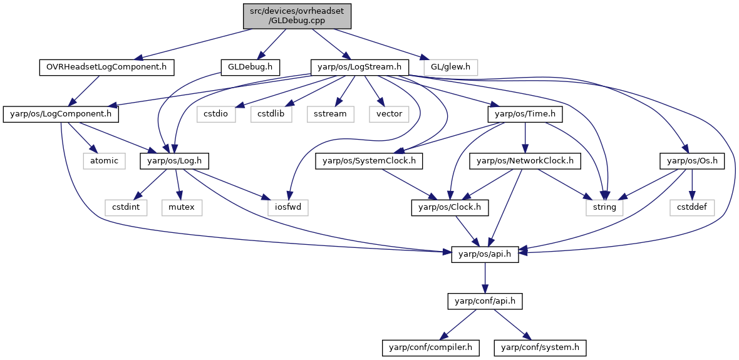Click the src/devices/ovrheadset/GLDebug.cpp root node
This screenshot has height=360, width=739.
point(297,16)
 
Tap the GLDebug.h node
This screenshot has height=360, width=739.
point(251,68)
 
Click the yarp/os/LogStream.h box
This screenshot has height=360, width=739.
point(359,68)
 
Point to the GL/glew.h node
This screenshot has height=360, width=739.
point(450,68)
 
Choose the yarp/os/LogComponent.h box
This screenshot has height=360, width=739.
point(61,114)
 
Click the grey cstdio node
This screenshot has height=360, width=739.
point(220,114)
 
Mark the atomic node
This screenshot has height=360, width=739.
point(104,161)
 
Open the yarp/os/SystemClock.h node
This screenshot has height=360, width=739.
point(369,161)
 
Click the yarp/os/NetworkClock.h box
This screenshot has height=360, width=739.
point(524,161)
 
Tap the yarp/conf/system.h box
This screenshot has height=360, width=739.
point(540,347)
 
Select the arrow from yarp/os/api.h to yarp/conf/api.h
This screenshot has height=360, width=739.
point(485,278)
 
